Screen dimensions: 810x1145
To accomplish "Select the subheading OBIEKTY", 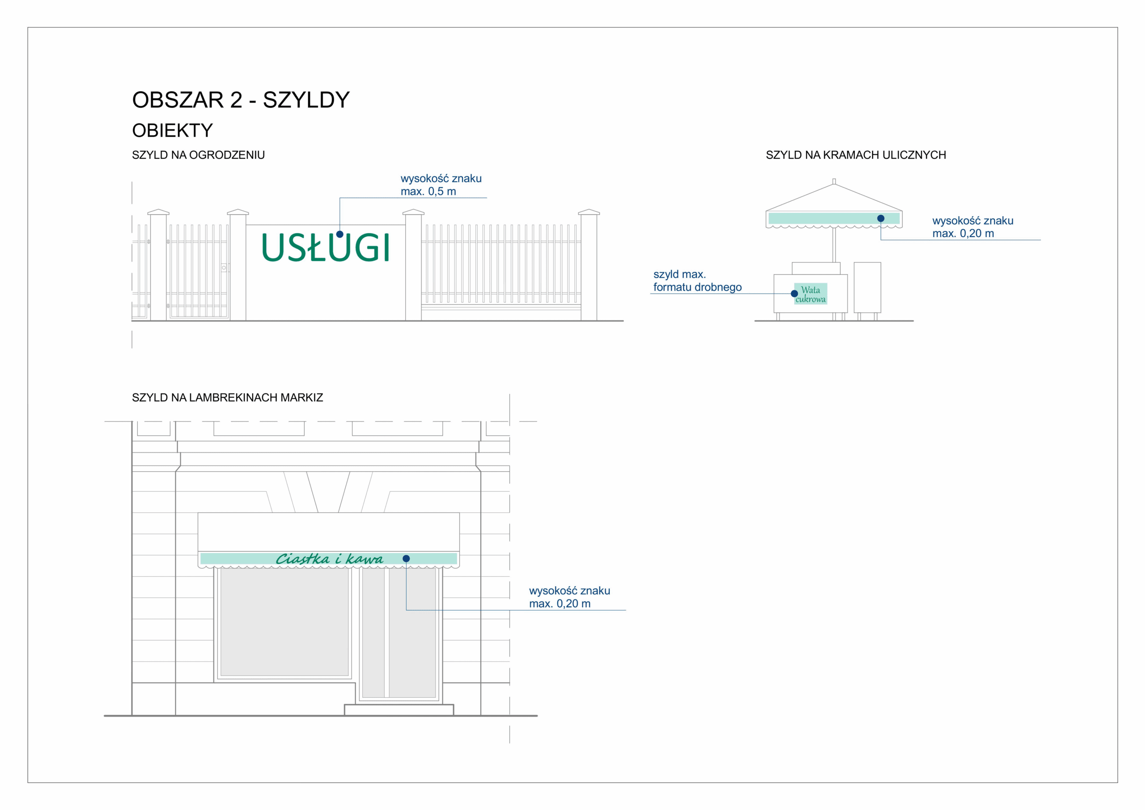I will pos(172,131).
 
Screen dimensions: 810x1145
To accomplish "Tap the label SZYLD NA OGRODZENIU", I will pos(198,155).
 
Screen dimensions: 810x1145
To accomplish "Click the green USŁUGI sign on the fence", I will pos(325,248).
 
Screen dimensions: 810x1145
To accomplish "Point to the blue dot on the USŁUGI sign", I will pos(339,234).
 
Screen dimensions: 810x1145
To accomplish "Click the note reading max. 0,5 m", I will pos(428,192).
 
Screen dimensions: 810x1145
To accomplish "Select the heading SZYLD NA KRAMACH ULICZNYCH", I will pos(855,155).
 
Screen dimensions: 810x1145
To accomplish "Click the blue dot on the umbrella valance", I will pos(881,218).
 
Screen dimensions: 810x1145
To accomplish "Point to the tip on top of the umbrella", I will pos(834,182).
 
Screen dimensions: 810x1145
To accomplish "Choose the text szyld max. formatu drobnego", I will pos(697,281).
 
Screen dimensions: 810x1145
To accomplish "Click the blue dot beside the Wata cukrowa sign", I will pos(794,294).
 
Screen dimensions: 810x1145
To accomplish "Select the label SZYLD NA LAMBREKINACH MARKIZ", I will pos(227,398).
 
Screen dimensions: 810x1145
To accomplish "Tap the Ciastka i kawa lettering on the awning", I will pos(329,559).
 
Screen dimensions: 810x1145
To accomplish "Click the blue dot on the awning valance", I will pos(406,558).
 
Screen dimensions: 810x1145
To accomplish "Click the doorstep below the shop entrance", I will pos(399,710).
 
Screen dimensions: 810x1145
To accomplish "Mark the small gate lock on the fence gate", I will pos(225,268).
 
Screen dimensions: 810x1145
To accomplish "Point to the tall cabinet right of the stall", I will pos(867,287).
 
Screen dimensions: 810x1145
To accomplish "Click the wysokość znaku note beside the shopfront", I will pos(569,597).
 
